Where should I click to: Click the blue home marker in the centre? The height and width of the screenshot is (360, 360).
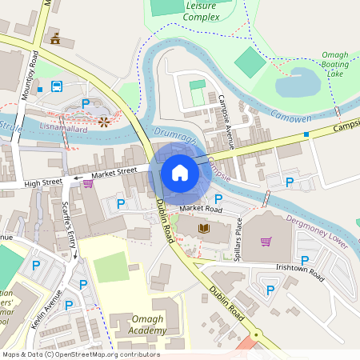click(180, 172)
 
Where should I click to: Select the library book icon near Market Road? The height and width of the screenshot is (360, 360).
click(202, 230)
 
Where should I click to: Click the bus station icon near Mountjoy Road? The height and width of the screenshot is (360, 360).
click(57, 86)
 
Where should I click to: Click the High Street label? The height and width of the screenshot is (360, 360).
click(43, 182)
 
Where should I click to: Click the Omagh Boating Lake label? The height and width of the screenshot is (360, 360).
click(335, 64)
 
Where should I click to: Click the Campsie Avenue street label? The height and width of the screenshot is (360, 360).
click(226, 122)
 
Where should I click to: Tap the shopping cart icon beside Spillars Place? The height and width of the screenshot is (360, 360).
click(266, 242)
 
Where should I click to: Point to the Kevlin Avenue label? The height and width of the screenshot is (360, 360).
click(51, 306)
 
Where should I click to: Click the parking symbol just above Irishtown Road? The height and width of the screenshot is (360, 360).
click(305, 259)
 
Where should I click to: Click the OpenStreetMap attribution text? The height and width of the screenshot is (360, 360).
click(81, 354)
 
